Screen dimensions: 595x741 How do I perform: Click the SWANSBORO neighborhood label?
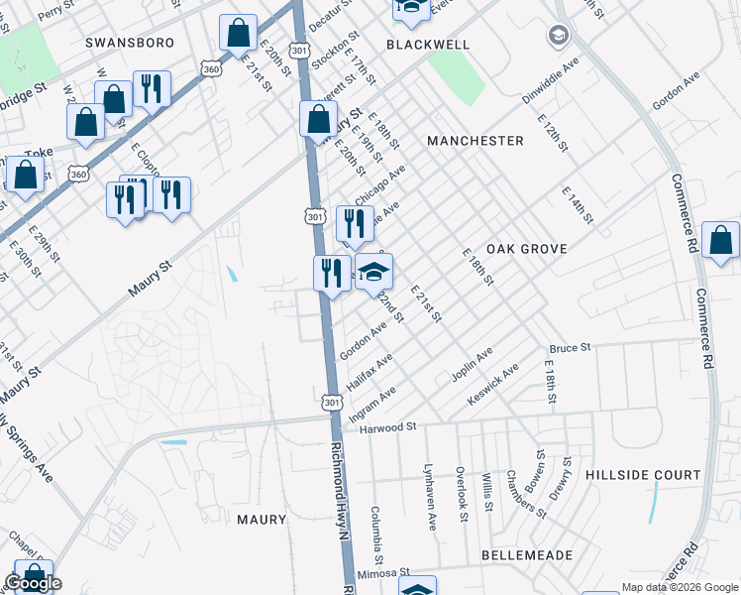coord(130,43)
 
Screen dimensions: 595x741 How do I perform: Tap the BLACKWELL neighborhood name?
coord(427,45)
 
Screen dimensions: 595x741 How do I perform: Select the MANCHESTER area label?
coord(475,141)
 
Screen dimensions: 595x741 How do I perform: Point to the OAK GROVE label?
coord(527,249)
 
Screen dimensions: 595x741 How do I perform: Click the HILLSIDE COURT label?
coord(643,475)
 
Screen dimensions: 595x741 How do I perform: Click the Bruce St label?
coord(570,348)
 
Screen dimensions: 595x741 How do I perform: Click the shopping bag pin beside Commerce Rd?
coord(721,241)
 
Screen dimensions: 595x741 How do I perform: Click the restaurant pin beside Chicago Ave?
coord(353,224)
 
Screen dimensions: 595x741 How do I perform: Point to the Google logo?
coord(33,583)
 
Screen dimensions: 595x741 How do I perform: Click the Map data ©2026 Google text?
coord(680,586)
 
